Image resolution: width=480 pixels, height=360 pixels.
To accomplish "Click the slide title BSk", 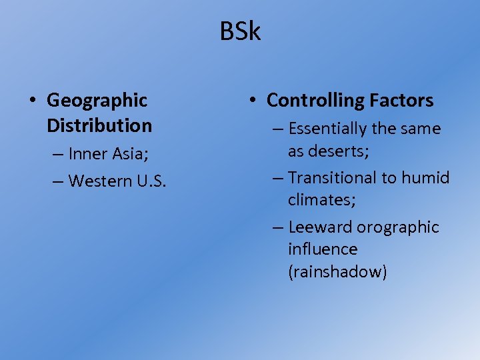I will (240, 31).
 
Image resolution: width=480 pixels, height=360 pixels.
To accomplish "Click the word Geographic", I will (97, 101).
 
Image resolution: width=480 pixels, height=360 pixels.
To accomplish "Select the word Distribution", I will (99, 125).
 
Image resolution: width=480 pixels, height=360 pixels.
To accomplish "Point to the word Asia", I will (131, 154).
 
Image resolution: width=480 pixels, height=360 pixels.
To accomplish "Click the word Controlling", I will (313, 101).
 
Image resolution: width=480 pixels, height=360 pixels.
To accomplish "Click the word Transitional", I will (333, 178).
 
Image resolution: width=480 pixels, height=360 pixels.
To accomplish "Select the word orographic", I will (398, 227).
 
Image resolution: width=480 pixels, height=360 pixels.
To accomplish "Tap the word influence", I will (323, 249).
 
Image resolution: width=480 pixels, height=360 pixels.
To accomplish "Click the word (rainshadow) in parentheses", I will (337, 272).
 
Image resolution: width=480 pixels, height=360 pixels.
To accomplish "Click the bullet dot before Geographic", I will (33, 101).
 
